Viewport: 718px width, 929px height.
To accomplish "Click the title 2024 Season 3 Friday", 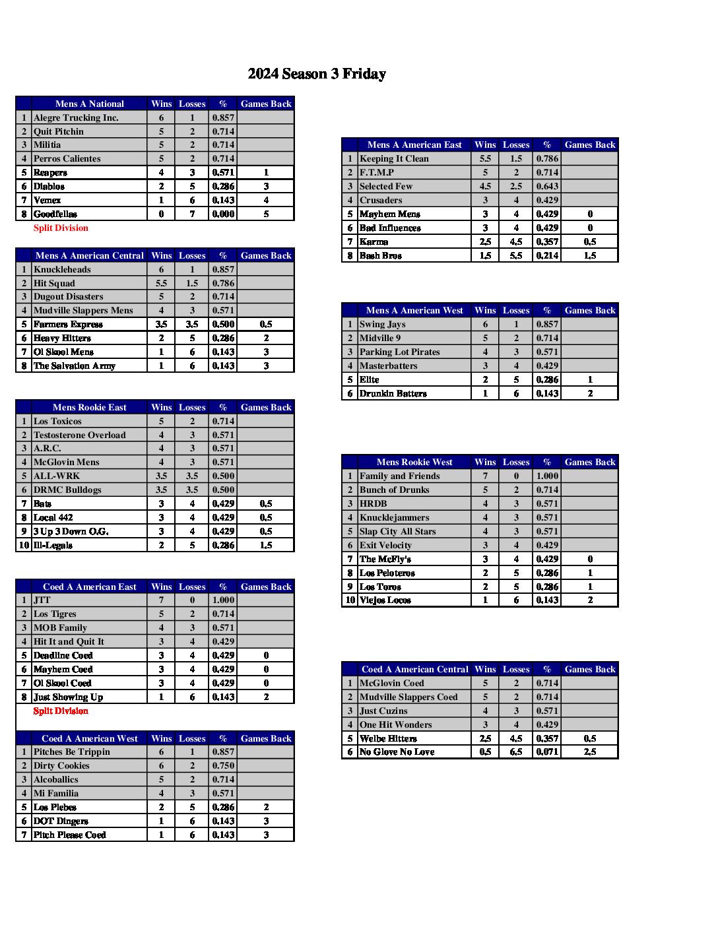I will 317,74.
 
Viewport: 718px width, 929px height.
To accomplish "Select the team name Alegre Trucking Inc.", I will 76,117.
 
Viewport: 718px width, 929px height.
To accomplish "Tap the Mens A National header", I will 89,104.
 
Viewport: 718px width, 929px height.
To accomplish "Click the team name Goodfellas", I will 55,214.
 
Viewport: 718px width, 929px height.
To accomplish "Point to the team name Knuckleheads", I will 62,269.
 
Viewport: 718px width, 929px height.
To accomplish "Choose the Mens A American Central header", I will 89,255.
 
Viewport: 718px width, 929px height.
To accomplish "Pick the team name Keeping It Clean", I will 394,158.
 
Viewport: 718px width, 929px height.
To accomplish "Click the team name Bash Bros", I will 381,255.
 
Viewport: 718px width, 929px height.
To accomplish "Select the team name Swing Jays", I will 382,324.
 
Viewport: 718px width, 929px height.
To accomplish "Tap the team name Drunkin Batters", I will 393,393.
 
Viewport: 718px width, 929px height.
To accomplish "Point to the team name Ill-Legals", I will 53,545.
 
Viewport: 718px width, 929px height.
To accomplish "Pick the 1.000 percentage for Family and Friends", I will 547,476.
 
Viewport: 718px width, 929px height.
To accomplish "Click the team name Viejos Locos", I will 385,600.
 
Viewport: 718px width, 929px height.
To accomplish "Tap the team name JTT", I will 42,600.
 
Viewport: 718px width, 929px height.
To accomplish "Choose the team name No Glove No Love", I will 397,752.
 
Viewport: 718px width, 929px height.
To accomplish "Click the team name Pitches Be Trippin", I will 72,752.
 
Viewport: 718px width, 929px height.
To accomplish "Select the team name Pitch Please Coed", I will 69,835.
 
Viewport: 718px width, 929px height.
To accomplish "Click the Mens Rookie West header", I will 414,462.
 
